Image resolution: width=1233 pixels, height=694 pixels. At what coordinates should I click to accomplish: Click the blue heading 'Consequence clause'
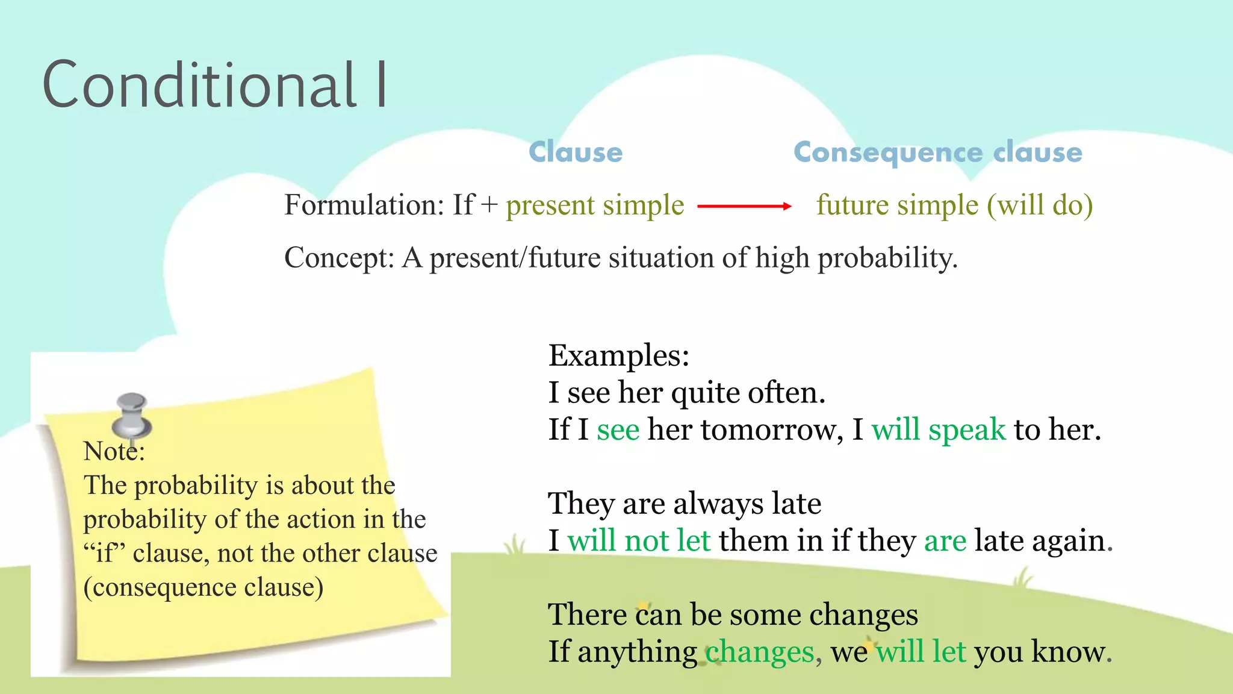pos(937,152)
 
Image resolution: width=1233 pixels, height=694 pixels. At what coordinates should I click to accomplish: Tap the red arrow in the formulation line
pos(744,206)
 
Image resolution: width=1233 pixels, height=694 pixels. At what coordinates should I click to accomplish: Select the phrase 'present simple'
pos(595,205)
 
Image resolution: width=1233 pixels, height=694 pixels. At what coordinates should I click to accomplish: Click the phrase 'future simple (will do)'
pos(954,205)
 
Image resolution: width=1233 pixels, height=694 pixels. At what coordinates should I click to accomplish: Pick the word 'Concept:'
pos(339,258)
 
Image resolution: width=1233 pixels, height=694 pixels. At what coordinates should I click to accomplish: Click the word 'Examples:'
pos(618,355)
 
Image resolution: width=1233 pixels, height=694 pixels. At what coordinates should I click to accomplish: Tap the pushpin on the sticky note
pos(132,415)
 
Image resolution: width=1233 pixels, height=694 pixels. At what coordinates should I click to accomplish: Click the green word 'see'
pos(618,430)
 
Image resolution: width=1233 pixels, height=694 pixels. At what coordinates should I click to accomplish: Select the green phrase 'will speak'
pos(938,430)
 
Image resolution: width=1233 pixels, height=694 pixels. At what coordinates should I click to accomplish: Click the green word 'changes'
pos(759,652)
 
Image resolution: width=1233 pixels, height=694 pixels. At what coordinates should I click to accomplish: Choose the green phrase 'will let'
pos(921,652)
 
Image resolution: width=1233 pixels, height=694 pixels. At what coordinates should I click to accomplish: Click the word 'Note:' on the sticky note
pos(114,451)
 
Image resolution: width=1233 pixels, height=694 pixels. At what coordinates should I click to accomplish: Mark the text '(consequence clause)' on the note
pos(203,587)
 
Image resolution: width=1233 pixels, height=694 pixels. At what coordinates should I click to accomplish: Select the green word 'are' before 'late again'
pos(945,540)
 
